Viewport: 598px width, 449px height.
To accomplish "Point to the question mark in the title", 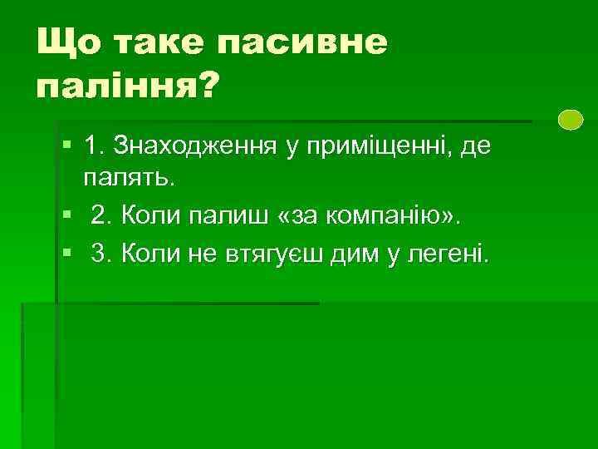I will tap(200, 83).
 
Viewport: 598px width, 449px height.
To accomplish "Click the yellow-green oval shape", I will tap(571, 121).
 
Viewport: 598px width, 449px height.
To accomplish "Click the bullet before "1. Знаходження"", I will tap(67, 146).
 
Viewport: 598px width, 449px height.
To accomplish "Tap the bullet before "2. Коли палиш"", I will tap(67, 216).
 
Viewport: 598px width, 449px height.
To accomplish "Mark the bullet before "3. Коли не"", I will tap(67, 254).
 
